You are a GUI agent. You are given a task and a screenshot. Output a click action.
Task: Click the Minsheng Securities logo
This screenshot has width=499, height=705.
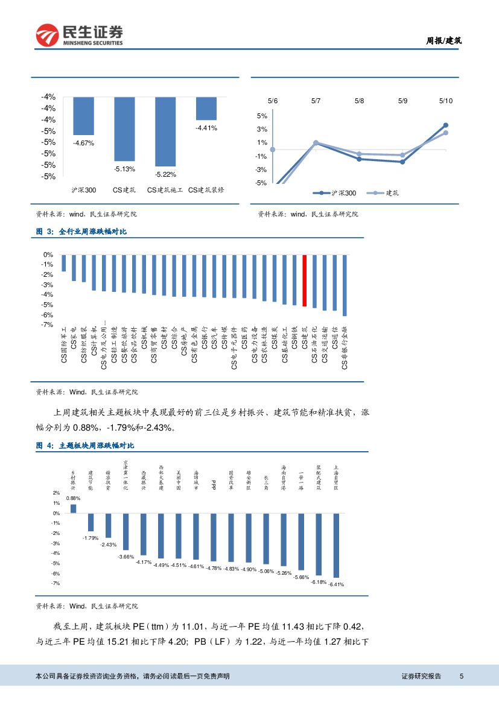click(x=79, y=35)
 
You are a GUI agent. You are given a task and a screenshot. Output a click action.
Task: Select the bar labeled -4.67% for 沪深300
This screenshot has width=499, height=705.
click(x=83, y=116)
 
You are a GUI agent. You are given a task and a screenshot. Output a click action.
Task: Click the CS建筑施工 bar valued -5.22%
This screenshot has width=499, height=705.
click(x=165, y=131)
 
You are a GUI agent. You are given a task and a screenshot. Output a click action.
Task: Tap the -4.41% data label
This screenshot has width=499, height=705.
click(x=206, y=128)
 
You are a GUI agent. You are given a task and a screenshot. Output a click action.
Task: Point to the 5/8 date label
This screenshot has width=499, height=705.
click(x=359, y=101)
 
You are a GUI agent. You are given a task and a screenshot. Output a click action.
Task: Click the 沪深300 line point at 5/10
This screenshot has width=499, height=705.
click(x=445, y=125)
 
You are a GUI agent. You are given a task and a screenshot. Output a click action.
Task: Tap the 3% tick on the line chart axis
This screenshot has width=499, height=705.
click(x=262, y=129)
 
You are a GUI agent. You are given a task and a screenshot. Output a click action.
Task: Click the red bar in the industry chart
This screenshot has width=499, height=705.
click(x=305, y=280)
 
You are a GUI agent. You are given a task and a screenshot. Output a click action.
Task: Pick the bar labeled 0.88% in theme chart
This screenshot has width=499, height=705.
click(x=73, y=508)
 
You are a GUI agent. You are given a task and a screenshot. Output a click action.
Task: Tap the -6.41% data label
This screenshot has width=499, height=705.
click(x=336, y=584)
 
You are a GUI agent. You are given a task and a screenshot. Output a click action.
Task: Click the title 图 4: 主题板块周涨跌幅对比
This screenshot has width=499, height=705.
click(x=85, y=446)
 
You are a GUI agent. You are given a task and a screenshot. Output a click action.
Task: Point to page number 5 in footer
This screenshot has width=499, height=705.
click(x=462, y=676)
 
